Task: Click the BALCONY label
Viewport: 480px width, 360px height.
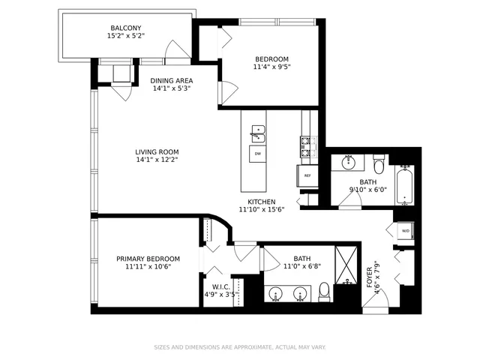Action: tap(125, 28)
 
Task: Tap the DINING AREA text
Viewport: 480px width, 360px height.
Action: tap(172, 80)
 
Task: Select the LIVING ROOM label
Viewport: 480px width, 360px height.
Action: tap(157, 151)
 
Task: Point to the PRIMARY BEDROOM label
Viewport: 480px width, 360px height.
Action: tap(148, 259)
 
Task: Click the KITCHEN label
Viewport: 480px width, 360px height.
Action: tap(257, 202)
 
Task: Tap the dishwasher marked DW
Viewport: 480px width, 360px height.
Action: tap(258, 154)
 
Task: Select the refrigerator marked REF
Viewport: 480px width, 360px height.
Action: tap(307, 175)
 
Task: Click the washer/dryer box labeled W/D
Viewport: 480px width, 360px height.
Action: tap(405, 231)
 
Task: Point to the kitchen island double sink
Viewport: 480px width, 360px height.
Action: tap(258, 133)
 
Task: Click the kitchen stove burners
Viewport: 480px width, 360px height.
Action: tap(307, 147)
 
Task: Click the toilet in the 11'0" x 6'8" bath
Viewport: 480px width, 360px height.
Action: tap(325, 289)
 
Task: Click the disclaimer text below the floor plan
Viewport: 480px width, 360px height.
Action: tap(240, 347)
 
